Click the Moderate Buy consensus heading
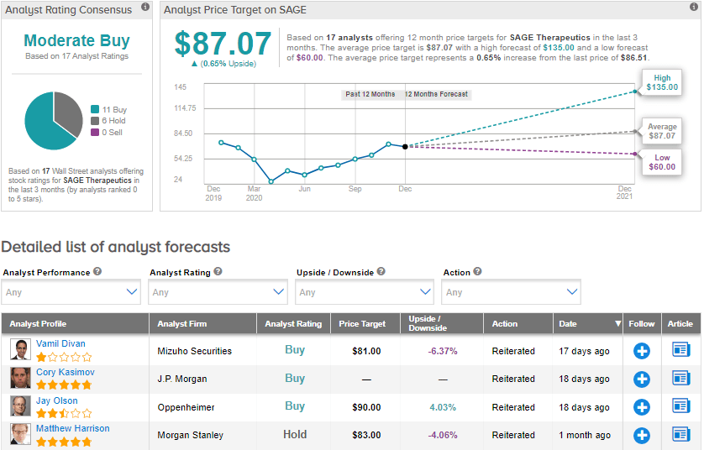tap(76, 40)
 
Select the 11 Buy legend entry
tap(112, 109)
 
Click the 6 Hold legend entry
tap(113, 121)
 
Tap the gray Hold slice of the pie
tap(66, 108)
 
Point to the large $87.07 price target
tap(223, 44)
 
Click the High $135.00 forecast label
tap(661, 82)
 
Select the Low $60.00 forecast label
tap(662, 162)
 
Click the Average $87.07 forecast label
tap(662, 131)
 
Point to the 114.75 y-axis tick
tap(185, 108)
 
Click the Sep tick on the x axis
tap(355, 189)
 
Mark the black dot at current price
tap(405, 147)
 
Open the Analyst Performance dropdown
tap(71, 292)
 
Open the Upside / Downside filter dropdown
tap(365, 292)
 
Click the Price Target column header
tap(361, 324)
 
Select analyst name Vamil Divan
tap(60, 343)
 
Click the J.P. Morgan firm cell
tap(183, 379)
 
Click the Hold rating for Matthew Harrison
tap(295, 435)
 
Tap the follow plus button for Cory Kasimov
tap(641, 379)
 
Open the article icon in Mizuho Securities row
tap(680, 351)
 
